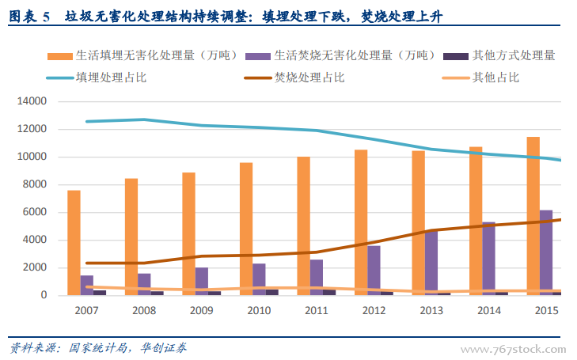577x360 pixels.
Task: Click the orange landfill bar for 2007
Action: pos(74,242)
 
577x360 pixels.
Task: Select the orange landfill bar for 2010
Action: pos(246,229)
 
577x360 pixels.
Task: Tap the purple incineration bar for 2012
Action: pos(374,270)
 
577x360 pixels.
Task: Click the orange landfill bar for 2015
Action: pos(533,215)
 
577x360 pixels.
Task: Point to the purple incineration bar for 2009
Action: pos(202,281)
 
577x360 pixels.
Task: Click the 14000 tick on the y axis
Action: pos(33,101)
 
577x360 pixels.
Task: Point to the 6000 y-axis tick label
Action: pos(36,212)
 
